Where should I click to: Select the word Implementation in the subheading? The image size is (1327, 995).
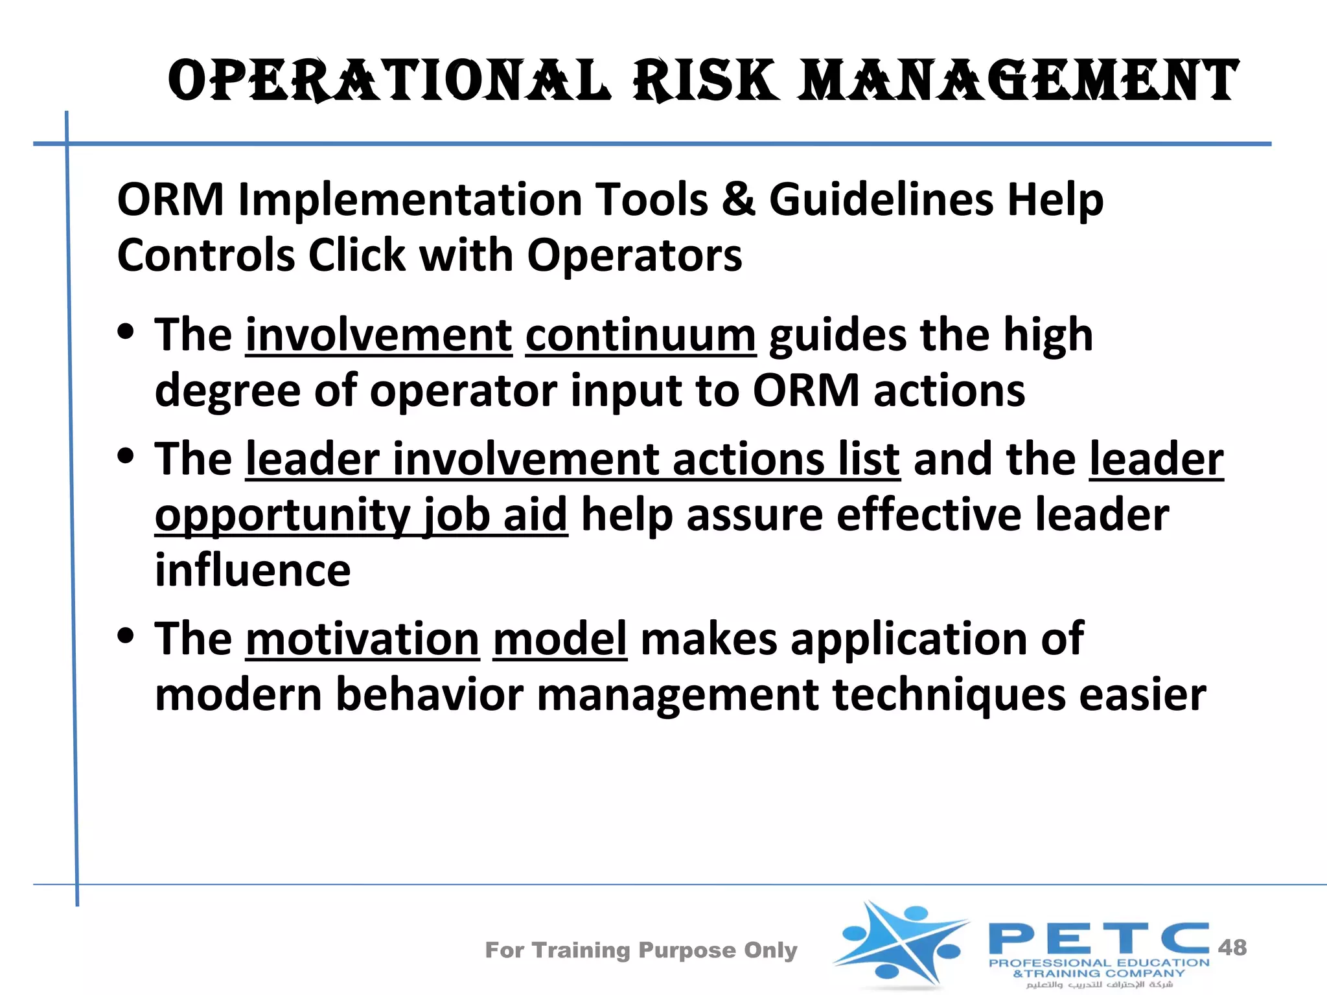(408, 200)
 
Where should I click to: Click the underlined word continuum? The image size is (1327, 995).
(640, 335)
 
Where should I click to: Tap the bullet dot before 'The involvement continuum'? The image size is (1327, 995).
(126, 332)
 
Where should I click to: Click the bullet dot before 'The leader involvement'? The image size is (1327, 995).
(126, 456)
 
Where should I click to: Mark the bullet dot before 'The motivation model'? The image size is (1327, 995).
(126, 635)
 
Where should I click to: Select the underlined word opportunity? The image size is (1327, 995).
(283, 516)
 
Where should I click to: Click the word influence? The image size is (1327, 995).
(253, 570)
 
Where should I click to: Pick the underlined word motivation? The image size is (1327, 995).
(362, 639)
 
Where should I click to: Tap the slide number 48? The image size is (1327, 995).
(1232, 947)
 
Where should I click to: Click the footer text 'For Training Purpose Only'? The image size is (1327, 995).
(641, 950)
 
